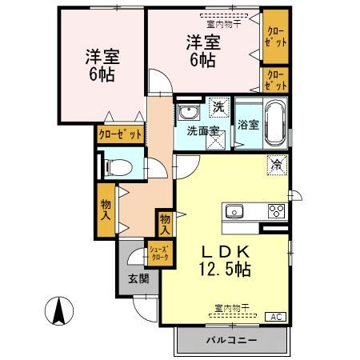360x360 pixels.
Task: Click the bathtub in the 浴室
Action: tap(276, 123)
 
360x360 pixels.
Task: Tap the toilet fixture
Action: tap(117, 167)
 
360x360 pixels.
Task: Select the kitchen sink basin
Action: tap(234, 212)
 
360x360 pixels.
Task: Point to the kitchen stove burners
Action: tap(277, 212)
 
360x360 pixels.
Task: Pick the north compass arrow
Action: tap(58, 310)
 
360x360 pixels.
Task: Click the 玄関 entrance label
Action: tap(138, 279)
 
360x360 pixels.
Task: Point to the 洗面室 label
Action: tap(203, 131)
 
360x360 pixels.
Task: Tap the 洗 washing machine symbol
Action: tap(218, 106)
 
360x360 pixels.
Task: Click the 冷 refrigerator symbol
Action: tap(276, 165)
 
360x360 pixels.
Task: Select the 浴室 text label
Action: tap(248, 124)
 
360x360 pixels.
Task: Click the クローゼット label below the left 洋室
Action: tap(120, 134)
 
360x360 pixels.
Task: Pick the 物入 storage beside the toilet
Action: tap(106, 210)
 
